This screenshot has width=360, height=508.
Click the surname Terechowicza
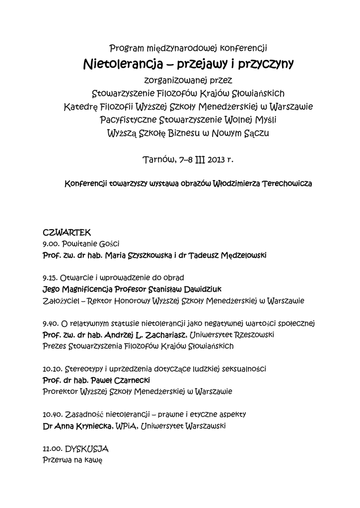point(287,184)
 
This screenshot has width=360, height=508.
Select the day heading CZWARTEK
point(66,232)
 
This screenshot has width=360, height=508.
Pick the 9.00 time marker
point(51,244)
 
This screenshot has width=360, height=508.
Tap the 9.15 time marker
point(51,278)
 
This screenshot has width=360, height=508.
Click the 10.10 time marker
point(52,369)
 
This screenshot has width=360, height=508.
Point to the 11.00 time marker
point(52,449)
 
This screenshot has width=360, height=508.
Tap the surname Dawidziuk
point(210,289)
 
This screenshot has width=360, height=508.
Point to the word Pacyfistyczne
point(127,120)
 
